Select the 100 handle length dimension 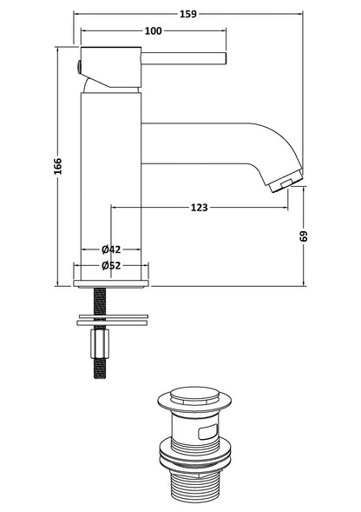click(153, 32)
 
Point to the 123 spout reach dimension click(198, 207)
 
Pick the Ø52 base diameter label click(110, 265)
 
